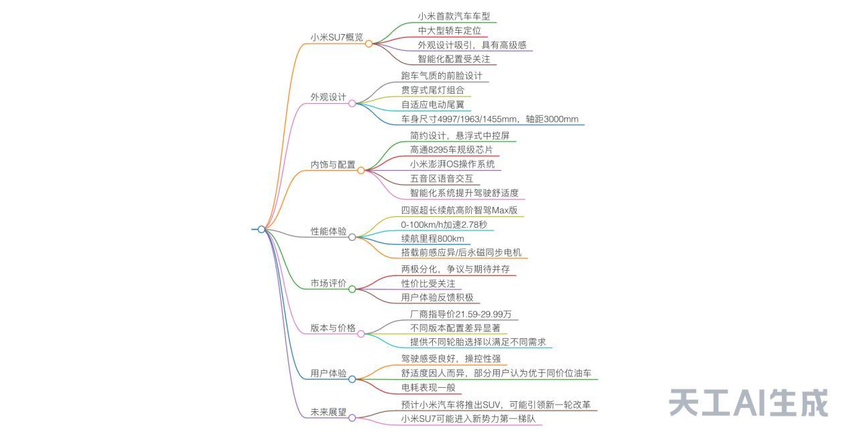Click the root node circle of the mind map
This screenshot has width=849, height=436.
pos(261,229)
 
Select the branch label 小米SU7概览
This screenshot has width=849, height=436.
pos(336,38)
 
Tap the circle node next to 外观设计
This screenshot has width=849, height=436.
pos(352,103)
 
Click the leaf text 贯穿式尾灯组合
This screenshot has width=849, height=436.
pos(432,90)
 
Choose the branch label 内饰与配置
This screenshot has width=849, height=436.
pos(333,164)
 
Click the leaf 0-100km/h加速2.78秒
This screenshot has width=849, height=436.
pos(444,224)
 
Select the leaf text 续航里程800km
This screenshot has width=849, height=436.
pos(432,238)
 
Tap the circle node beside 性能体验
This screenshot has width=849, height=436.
pos(352,237)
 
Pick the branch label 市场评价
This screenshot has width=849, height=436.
pos(328,283)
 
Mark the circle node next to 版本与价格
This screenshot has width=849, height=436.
pos(361,334)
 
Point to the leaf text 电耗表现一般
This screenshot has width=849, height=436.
pos(428,387)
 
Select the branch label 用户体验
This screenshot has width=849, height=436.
pos(328,373)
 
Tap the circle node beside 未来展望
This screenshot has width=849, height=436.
pos(352,418)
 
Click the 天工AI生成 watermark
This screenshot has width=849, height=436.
pos(748,403)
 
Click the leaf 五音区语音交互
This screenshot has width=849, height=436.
pos(441,179)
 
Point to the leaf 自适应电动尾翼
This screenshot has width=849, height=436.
pos(432,104)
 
